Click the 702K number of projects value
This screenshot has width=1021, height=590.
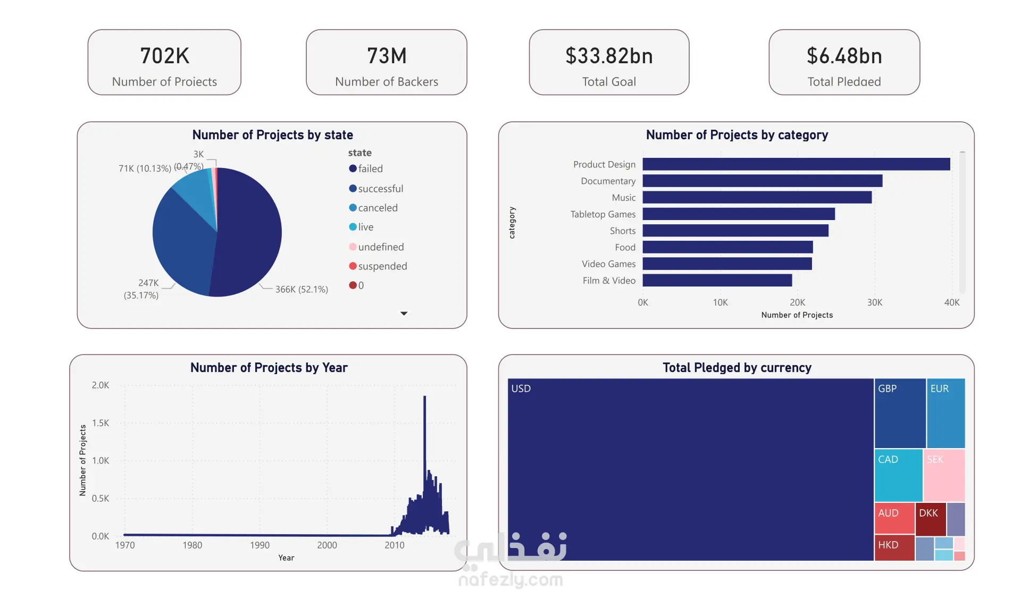click(164, 56)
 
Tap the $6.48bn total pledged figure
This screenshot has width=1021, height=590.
click(844, 56)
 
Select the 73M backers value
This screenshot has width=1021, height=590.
click(387, 56)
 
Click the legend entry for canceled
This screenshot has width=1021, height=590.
click(378, 208)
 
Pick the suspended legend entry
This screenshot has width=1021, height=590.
click(382, 266)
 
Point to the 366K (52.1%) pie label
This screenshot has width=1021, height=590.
click(302, 289)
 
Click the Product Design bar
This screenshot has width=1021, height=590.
click(796, 164)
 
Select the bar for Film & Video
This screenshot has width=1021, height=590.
click(717, 280)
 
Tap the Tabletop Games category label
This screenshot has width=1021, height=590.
click(602, 214)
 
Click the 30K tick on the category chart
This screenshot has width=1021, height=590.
click(874, 302)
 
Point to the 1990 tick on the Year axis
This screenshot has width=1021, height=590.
click(260, 545)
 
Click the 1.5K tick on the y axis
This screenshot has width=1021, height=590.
click(101, 423)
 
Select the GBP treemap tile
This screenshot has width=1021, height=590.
click(900, 413)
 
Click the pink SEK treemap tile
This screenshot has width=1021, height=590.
click(944, 475)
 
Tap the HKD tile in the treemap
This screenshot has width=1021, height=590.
click(894, 547)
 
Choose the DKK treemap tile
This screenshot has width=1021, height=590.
click(930, 518)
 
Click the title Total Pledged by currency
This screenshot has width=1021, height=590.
click(737, 368)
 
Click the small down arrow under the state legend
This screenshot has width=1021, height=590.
click(404, 314)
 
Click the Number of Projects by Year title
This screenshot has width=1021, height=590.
click(269, 368)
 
